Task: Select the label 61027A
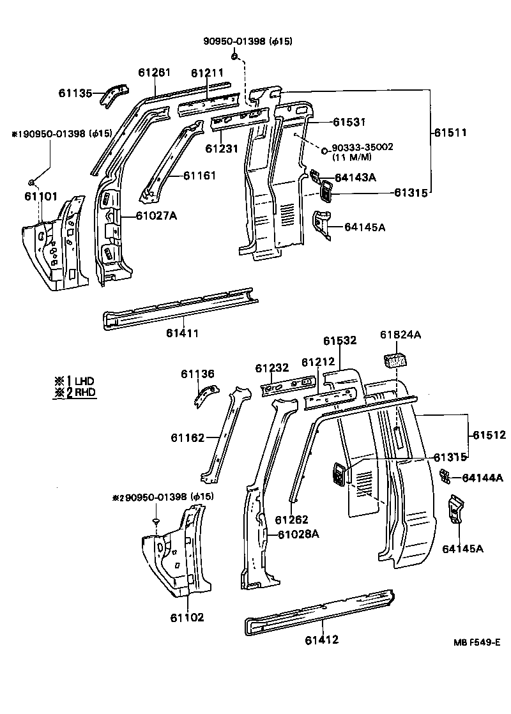(x=156, y=215)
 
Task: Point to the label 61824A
(x=400, y=335)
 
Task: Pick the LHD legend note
(x=75, y=381)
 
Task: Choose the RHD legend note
(x=75, y=392)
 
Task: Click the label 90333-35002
(x=362, y=147)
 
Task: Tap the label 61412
(x=321, y=639)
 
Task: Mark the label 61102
(x=187, y=617)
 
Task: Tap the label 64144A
(x=482, y=477)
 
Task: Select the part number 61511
(x=450, y=133)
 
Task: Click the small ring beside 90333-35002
(x=324, y=151)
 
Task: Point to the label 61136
(x=197, y=374)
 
